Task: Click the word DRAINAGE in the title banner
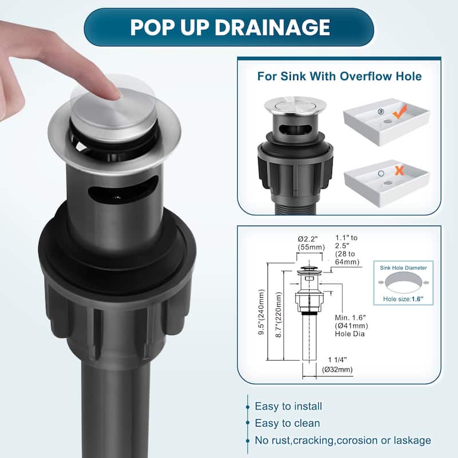click(x=273, y=27)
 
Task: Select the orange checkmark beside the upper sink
click(x=400, y=112)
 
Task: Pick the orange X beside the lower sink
click(x=399, y=170)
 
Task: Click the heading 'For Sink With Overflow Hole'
click(x=339, y=76)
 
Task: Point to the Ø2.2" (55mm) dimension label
click(x=311, y=243)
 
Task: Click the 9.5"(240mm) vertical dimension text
click(x=262, y=312)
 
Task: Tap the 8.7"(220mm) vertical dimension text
click(x=279, y=315)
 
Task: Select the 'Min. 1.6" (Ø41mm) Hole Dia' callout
click(x=352, y=325)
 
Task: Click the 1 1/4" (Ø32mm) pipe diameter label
click(x=337, y=365)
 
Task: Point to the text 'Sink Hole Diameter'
click(x=404, y=268)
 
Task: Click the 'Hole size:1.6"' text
click(x=404, y=299)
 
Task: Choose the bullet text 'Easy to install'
click(x=289, y=406)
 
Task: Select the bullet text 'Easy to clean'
click(x=287, y=423)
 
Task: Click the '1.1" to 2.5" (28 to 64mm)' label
click(x=347, y=250)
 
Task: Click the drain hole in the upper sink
click(x=388, y=121)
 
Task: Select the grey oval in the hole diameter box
click(x=404, y=282)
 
